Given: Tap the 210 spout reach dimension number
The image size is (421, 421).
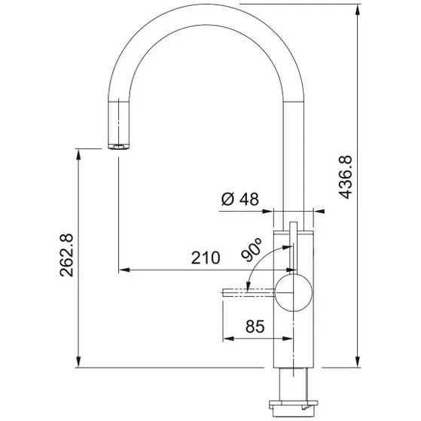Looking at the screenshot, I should (205, 258).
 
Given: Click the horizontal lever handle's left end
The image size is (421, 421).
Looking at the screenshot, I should (224, 291).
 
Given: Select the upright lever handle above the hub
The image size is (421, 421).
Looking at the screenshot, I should (291, 241).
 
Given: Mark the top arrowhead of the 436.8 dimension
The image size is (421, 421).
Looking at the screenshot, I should (357, 10).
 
